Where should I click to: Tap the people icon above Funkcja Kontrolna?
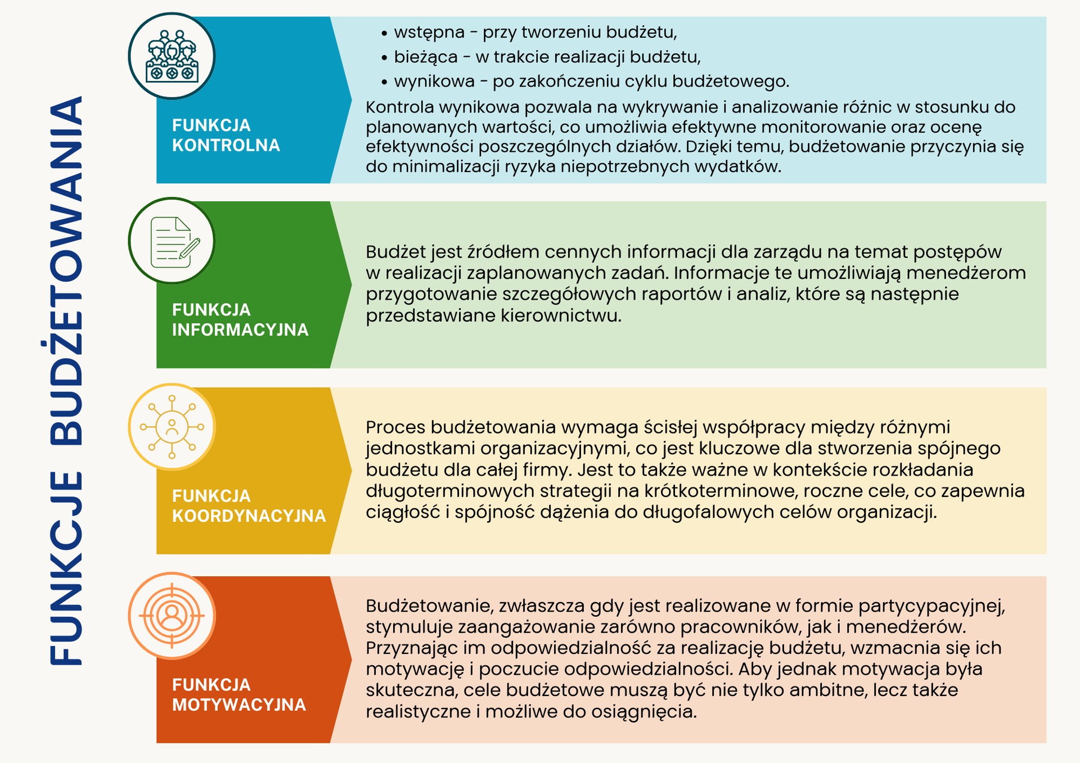tap(172, 56)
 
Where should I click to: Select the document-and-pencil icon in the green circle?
tap(175, 242)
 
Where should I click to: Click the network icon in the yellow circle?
tap(172, 427)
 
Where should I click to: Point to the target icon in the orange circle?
tap(172, 616)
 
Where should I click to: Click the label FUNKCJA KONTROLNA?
tap(226, 135)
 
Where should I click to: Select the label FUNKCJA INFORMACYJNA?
tap(240, 319)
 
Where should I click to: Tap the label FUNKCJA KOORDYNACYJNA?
tap(249, 505)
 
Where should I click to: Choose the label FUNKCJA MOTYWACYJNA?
tap(239, 694)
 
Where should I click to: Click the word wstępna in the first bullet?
tap(429, 33)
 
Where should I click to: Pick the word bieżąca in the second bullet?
tap(426, 57)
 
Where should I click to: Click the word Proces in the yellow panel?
tap(395, 427)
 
